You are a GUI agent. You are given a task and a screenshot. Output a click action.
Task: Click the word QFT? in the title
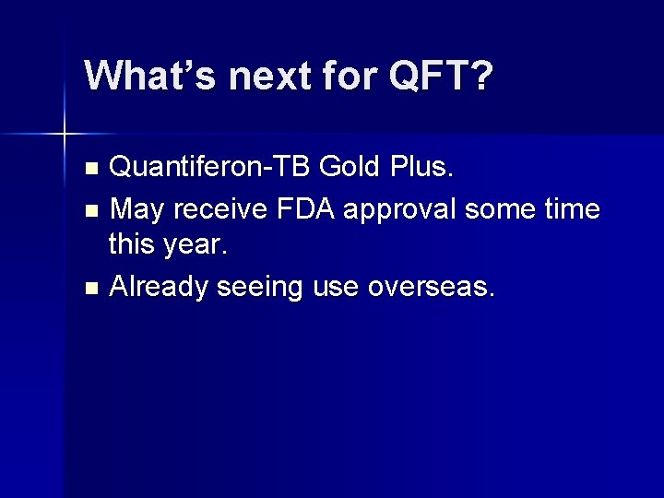tap(441, 75)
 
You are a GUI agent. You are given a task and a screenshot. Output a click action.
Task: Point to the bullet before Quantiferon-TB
tap(91, 168)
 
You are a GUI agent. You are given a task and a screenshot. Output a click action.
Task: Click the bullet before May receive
tap(91, 210)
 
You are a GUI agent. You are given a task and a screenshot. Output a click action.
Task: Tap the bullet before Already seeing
tap(91, 289)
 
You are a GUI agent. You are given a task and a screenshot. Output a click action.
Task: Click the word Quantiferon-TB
tap(209, 166)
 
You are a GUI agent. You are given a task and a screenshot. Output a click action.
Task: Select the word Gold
tap(349, 166)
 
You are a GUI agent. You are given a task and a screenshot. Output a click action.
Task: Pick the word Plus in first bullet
tap(421, 166)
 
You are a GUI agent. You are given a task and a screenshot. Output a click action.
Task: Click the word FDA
tap(305, 208)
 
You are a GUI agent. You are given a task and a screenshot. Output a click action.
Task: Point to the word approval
tap(399, 209)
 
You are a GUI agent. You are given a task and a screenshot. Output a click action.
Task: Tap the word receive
tap(220, 208)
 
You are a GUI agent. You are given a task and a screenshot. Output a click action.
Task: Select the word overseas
tap(431, 288)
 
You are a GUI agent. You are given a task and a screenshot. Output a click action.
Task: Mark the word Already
tap(158, 288)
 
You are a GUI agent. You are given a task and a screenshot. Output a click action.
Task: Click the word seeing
tap(259, 289)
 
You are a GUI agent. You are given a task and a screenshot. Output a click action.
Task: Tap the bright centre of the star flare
tap(65, 134)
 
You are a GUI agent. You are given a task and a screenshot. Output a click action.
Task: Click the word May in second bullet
tap(136, 209)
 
